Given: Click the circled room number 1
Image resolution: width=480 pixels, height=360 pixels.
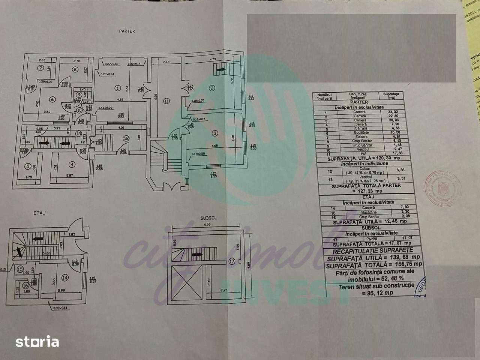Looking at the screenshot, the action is tap(117, 88).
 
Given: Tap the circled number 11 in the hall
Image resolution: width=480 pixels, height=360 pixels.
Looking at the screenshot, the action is tap(166, 100).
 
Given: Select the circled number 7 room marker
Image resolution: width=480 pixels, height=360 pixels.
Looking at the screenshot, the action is tap(40, 68).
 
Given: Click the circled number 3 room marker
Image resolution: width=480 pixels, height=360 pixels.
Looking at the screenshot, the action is tap(214, 133).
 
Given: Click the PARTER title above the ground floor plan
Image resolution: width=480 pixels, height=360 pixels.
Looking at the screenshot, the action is tap(127, 31).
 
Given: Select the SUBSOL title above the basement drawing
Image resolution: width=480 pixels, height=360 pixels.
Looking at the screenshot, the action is tap(208, 217).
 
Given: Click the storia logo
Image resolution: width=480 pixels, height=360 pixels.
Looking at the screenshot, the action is tap(37, 342).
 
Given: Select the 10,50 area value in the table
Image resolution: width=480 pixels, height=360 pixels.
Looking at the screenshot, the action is tap(395, 133).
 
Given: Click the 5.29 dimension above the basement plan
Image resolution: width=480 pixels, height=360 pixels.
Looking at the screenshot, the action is tap(204, 225).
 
